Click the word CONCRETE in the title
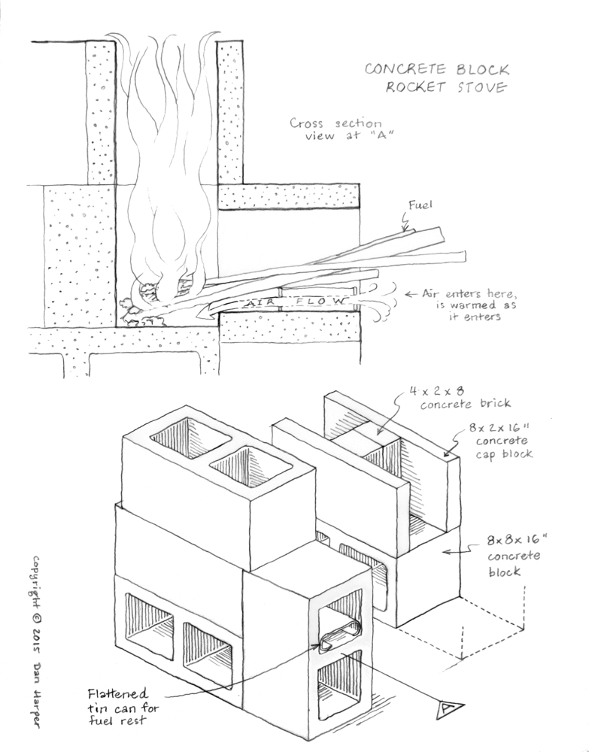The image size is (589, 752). click(x=403, y=70)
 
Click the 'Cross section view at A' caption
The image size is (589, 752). click(x=336, y=129)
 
